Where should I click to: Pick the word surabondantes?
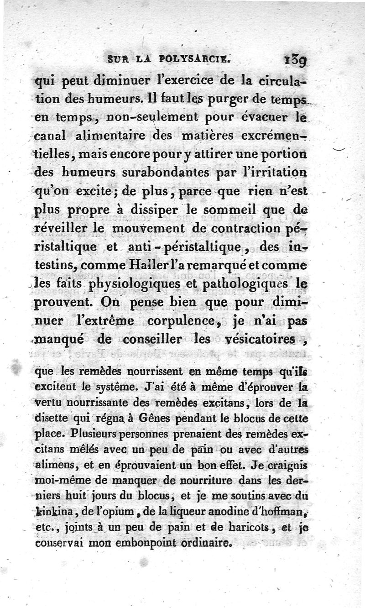177,173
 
